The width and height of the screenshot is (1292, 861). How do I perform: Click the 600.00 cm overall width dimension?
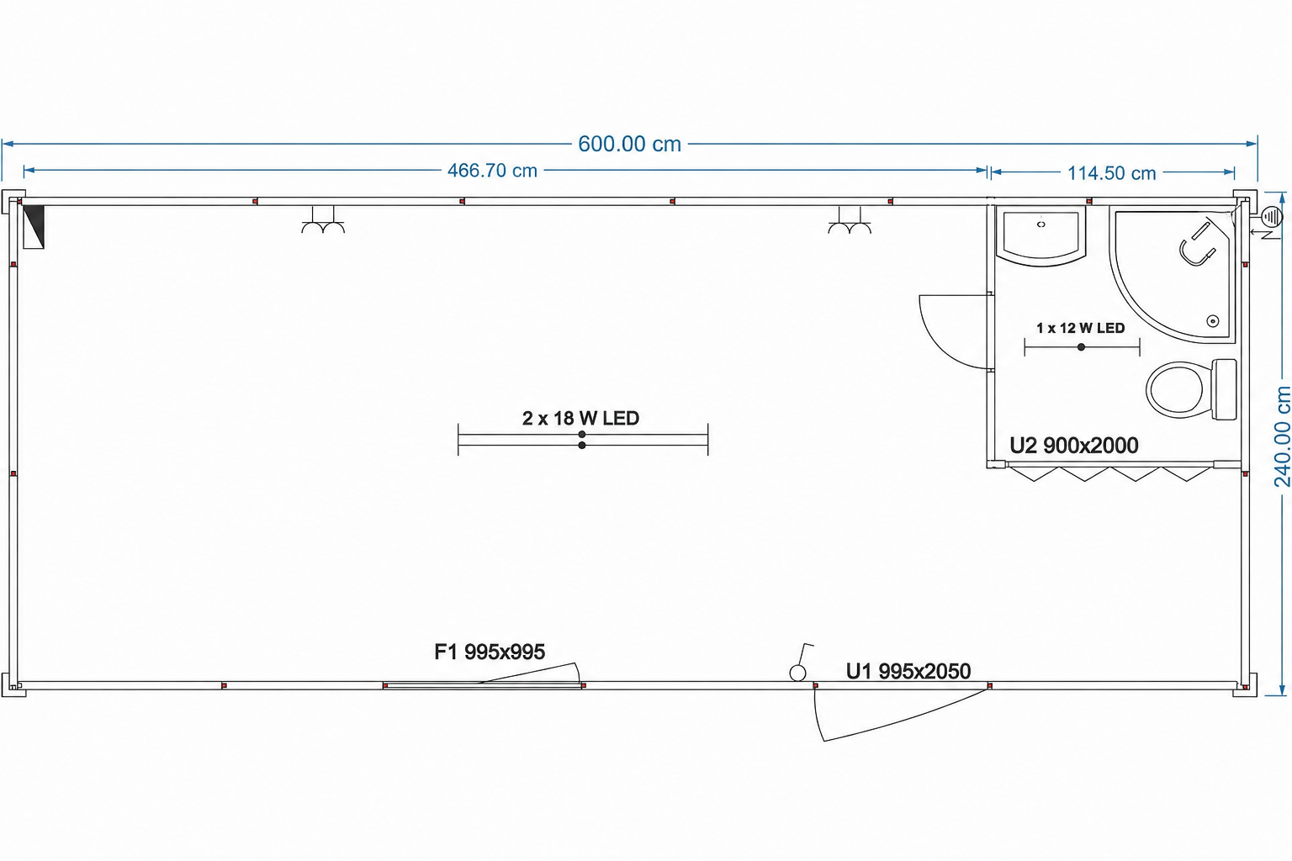pos(629,144)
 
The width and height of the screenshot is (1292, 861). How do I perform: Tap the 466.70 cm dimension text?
pos(492,171)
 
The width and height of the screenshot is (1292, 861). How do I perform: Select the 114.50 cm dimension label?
pos(1111,173)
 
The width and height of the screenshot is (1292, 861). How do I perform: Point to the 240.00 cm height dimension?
pos(1282,436)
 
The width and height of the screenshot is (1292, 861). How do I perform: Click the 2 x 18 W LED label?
pos(581,418)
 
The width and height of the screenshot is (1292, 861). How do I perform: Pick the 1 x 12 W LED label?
pos(1080,328)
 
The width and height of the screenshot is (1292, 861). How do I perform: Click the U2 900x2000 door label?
pos(1074,445)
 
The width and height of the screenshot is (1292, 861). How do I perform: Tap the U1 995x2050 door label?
pos(908,671)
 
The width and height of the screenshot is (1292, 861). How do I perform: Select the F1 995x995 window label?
pos(489,652)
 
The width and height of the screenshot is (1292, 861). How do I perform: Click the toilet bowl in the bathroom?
pos(1175,389)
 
